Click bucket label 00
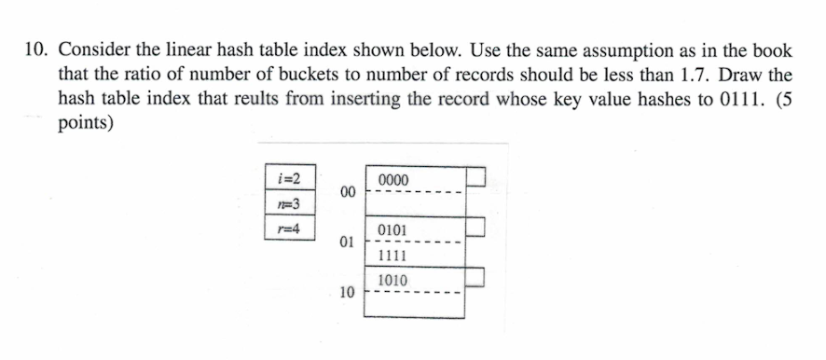[x=348, y=192]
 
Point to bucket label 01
[x=348, y=242]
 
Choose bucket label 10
[x=348, y=292]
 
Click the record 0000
[x=394, y=179]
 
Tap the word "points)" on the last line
[x=87, y=124]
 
